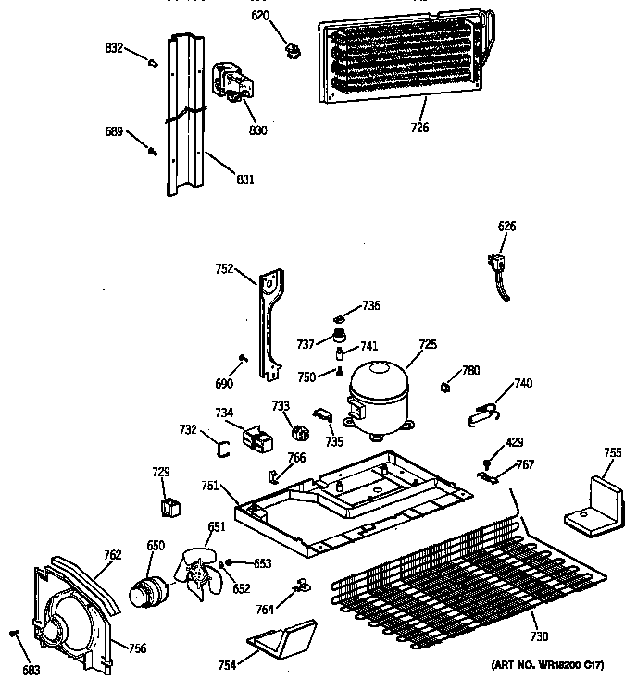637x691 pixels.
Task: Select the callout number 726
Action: pyautogui.click(x=419, y=128)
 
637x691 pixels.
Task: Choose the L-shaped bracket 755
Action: pyautogui.click(x=595, y=505)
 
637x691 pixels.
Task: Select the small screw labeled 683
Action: pyautogui.click(x=14, y=633)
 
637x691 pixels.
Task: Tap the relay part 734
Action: pyautogui.click(x=256, y=438)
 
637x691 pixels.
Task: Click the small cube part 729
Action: pyautogui.click(x=169, y=506)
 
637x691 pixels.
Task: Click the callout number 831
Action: pyautogui.click(x=245, y=179)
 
